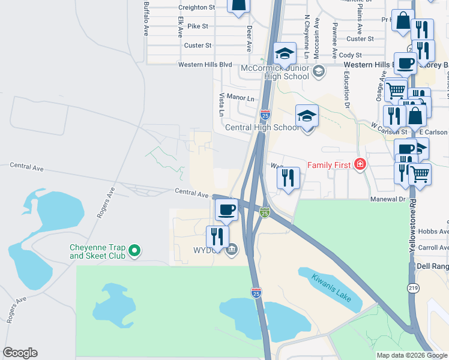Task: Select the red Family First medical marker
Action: [360, 164]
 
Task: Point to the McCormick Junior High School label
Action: [274, 72]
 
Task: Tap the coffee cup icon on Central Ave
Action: [226, 209]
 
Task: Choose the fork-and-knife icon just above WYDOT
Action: [217, 235]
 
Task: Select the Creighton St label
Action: [196, 7]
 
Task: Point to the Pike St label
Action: [197, 26]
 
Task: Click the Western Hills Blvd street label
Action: [204, 64]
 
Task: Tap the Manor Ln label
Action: [242, 98]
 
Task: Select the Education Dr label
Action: [347, 89]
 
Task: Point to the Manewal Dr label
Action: [394, 199]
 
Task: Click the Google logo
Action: [20, 353]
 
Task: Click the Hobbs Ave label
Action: [435, 232]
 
